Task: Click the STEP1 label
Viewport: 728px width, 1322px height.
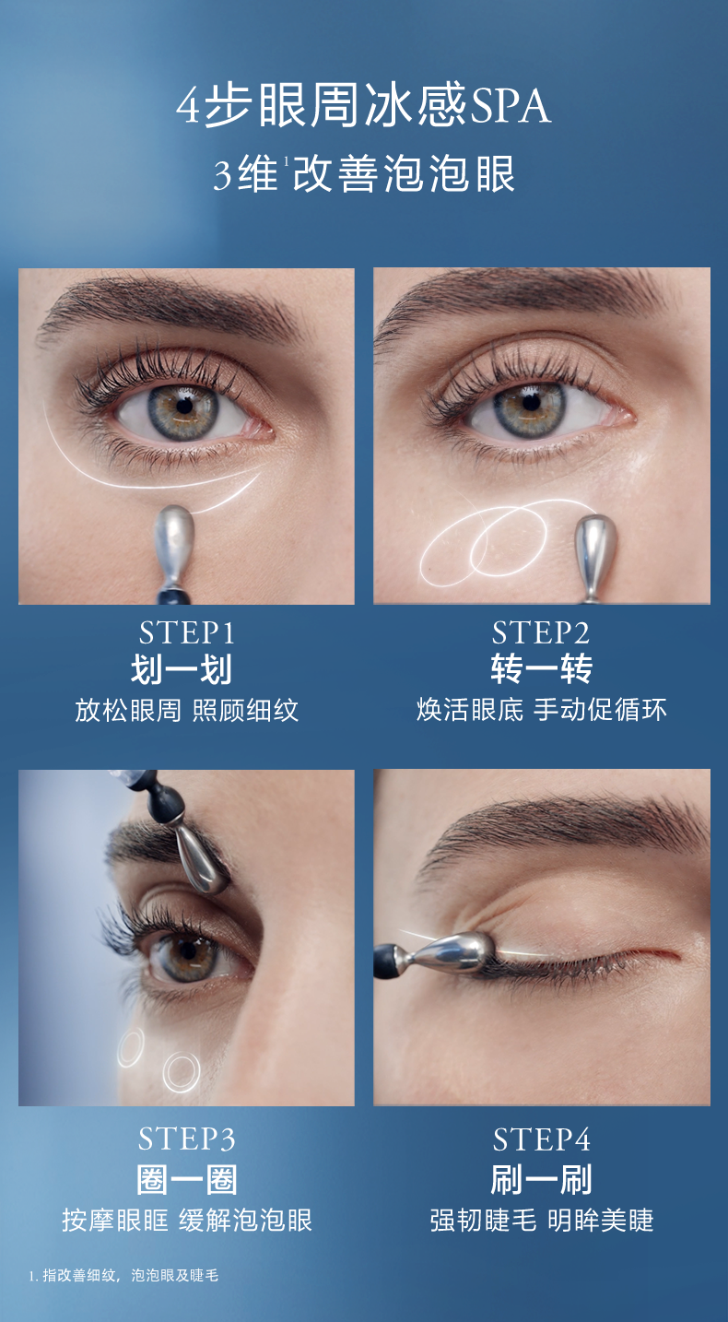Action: [187, 633]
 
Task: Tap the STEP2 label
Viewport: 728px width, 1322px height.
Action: [541, 633]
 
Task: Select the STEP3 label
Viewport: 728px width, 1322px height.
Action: [187, 1139]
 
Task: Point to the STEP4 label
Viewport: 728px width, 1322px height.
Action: [542, 1139]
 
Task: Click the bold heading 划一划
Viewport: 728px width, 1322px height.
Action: [182, 669]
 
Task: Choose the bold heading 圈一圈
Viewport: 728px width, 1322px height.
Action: [187, 1179]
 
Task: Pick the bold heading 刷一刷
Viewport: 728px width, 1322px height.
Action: [542, 1179]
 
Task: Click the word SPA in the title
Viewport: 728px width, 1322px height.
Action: [510, 106]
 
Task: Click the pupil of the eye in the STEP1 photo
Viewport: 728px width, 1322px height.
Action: [184, 406]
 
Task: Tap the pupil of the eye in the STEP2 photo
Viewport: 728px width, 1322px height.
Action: [531, 403]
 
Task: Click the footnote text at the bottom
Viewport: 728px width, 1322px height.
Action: [123, 1275]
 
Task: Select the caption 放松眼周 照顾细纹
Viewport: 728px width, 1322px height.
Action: [186, 710]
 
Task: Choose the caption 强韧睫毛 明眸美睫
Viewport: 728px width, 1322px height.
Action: [542, 1221]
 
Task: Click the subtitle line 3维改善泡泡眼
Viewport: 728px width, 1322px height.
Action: [364, 174]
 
